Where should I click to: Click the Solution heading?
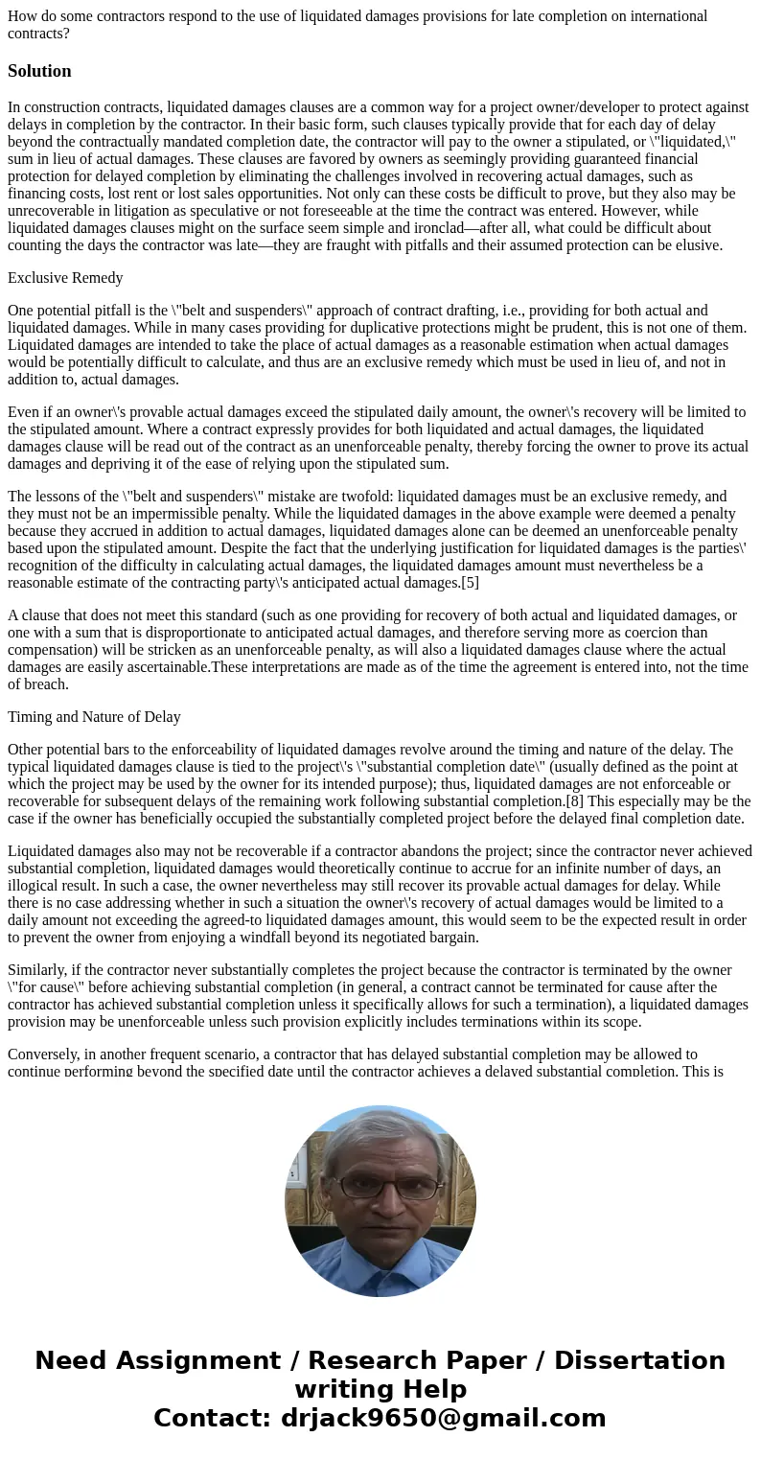[39, 71]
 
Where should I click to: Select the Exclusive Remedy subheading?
[65, 278]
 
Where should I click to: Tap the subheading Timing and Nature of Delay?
[94, 717]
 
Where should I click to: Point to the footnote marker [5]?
[470, 582]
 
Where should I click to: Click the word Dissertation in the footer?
[639, 1360]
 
